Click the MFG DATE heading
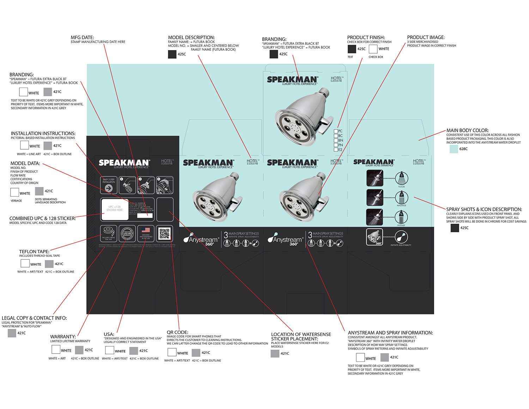[x=82, y=37]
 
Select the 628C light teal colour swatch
[x=454, y=149]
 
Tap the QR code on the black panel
[x=164, y=234]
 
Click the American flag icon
[x=146, y=230]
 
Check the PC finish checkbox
[x=336, y=131]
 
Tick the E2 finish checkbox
[x=336, y=150]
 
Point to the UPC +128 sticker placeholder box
[x=115, y=209]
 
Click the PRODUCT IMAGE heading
[x=426, y=37]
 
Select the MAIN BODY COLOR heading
[x=467, y=130]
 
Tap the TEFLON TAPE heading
[x=34, y=252]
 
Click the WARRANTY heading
[x=63, y=337]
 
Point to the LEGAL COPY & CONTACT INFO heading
[x=34, y=318]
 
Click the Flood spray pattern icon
[x=401, y=178]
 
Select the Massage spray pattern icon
[x=401, y=198]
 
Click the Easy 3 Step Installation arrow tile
[x=109, y=185]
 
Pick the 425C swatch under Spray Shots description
[x=455, y=228]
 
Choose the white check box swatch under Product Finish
[x=373, y=49]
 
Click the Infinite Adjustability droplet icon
[x=401, y=237]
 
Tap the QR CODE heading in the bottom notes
[x=177, y=332]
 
